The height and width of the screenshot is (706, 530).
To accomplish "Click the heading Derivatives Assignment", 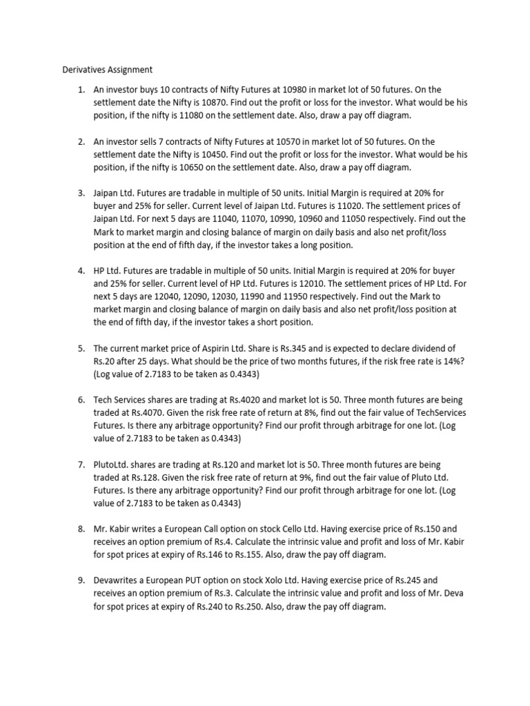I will [x=107, y=70].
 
